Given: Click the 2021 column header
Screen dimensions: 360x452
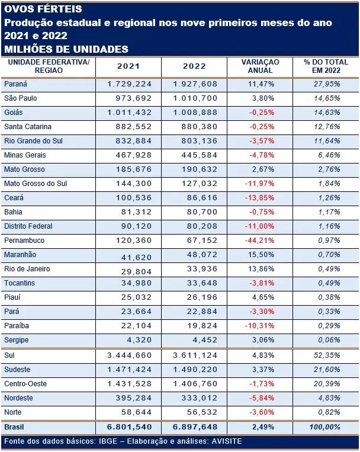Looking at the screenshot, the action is click(128, 66).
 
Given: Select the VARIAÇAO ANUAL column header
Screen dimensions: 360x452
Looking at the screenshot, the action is click(261, 66).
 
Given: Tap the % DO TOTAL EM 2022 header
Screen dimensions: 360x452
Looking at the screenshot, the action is click(326, 66).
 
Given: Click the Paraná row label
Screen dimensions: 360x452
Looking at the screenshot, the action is click(15, 84).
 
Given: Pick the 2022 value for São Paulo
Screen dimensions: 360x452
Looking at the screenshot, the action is click(195, 98).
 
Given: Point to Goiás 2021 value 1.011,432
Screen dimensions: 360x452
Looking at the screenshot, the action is click(130, 113).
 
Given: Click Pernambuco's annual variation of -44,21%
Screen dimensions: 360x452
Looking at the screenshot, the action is click(260, 241).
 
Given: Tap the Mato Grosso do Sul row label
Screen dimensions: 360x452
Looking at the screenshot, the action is click(36, 184).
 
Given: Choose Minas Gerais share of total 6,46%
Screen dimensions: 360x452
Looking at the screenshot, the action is click(329, 155).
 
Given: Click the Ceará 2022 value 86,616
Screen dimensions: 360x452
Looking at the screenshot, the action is click(202, 198).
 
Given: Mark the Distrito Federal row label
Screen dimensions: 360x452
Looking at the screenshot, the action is click(28, 226).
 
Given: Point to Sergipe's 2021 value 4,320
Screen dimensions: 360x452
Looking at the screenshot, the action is click(139, 340).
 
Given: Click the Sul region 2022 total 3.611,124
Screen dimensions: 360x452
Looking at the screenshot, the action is click(195, 355).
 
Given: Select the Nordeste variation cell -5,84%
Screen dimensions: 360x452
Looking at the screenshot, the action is click(262, 398).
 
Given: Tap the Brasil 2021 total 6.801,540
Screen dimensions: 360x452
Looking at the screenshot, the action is click(130, 427).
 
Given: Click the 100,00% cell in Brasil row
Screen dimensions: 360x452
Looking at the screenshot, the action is click(325, 427).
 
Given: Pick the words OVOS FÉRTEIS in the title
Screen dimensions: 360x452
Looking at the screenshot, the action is click(43, 9).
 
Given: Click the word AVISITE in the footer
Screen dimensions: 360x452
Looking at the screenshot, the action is click(227, 441).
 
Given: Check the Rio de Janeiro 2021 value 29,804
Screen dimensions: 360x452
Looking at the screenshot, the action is click(136, 271).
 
